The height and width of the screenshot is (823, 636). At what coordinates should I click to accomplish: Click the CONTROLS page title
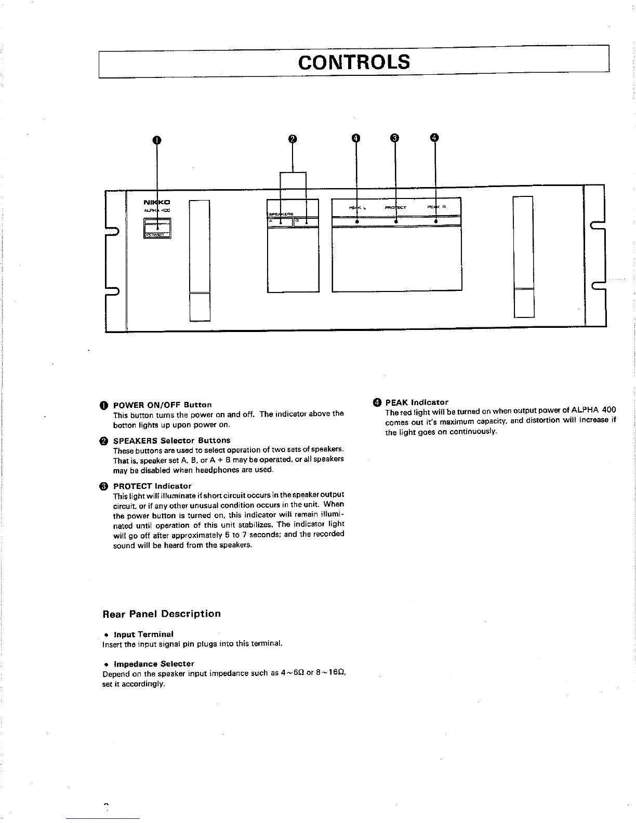[x=354, y=62]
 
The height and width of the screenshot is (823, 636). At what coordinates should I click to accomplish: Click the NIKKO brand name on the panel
[x=156, y=202]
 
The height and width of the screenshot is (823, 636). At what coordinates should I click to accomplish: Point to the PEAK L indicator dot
[x=356, y=222]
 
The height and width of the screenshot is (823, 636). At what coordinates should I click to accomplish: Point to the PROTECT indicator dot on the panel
[x=396, y=222]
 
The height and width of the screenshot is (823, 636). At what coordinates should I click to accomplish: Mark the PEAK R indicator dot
[x=435, y=222]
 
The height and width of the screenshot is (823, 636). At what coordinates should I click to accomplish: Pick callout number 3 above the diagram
[x=395, y=138]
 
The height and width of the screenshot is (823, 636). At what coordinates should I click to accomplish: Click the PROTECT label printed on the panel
[x=395, y=207]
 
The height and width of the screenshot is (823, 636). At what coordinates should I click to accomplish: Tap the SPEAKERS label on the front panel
[x=281, y=214]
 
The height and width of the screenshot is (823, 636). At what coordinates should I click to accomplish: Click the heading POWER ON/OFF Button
[x=162, y=404]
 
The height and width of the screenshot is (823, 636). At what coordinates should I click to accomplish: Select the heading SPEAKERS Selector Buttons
[x=171, y=440]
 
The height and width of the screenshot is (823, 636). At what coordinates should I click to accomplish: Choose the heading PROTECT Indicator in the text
[x=152, y=486]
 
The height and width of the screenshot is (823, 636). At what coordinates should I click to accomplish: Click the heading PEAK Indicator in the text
[x=416, y=402]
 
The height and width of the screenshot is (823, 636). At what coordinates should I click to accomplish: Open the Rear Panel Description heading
[x=162, y=614]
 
